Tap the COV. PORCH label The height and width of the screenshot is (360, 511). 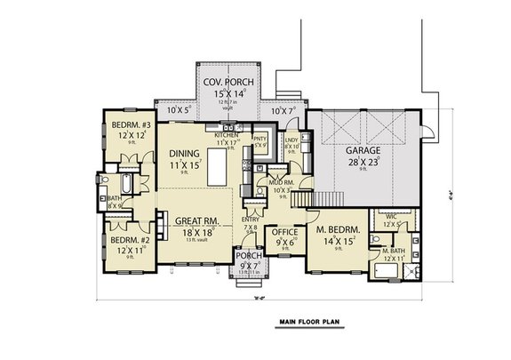tap(224, 81)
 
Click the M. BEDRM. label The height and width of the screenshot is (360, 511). tap(338, 229)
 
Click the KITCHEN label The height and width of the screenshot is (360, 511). tap(228, 133)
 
